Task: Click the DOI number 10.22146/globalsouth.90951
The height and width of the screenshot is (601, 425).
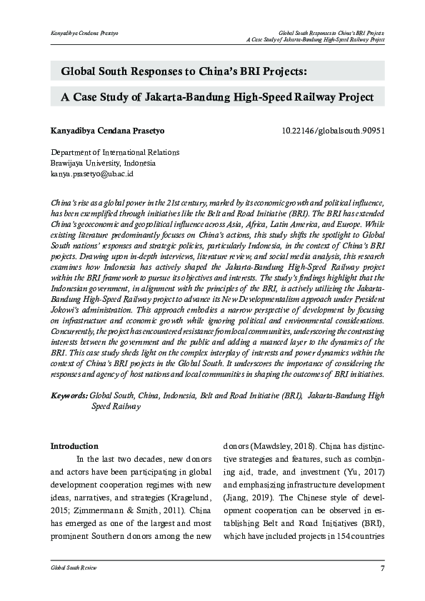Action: click(334, 131)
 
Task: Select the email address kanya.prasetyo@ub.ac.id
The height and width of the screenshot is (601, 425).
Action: click(91, 173)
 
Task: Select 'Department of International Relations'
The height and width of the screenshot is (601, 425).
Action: click(114, 152)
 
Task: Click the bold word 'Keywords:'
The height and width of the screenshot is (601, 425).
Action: click(69, 395)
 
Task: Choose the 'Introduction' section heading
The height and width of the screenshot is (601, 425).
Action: click(74, 446)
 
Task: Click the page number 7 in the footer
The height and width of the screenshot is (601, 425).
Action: click(382, 567)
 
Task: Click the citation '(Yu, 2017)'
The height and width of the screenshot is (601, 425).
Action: click(365, 473)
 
